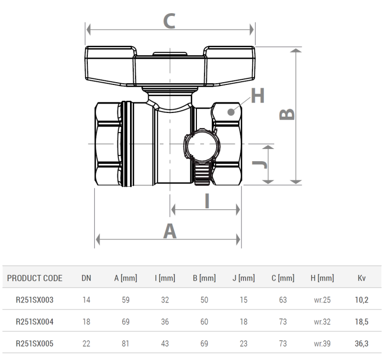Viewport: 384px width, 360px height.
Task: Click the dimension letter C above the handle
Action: click(x=170, y=21)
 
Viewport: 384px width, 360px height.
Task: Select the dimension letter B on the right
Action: click(x=287, y=114)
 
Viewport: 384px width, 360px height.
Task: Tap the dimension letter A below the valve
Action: click(x=170, y=232)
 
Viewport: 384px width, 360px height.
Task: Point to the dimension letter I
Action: click(x=207, y=202)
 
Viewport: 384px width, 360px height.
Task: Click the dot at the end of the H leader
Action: click(x=233, y=111)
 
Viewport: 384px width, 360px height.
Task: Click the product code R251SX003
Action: click(x=34, y=300)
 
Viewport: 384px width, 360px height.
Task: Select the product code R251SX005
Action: click(x=34, y=344)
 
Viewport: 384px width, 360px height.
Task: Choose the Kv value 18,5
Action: click(x=362, y=322)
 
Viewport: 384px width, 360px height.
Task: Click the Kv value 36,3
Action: click(x=362, y=344)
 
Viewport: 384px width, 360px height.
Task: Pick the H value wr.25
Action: click(x=322, y=300)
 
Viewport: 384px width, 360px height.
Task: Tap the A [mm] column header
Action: click(x=125, y=278)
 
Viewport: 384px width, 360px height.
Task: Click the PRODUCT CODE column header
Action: click(x=35, y=278)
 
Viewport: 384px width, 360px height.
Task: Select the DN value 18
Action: click(x=86, y=322)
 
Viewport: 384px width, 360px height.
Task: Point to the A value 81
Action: click(x=125, y=344)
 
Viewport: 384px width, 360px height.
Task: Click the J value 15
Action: click(x=244, y=300)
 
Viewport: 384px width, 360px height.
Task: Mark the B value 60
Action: click(x=204, y=322)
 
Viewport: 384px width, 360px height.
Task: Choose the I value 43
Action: click(x=165, y=344)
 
